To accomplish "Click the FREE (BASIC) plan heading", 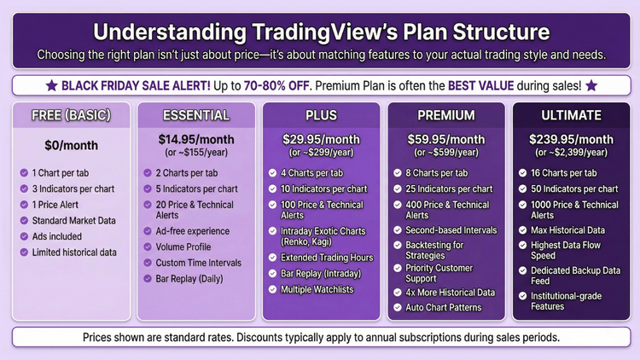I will (x=69, y=115).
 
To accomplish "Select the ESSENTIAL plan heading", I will (x=195, y=115).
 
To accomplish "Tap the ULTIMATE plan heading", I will (x=570, y=115).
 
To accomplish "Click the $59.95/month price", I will (x=445, y=138).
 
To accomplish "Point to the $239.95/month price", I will (x=570, y=138).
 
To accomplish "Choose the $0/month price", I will (x=69, y=144).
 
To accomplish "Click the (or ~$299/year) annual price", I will (x=320, y=152).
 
